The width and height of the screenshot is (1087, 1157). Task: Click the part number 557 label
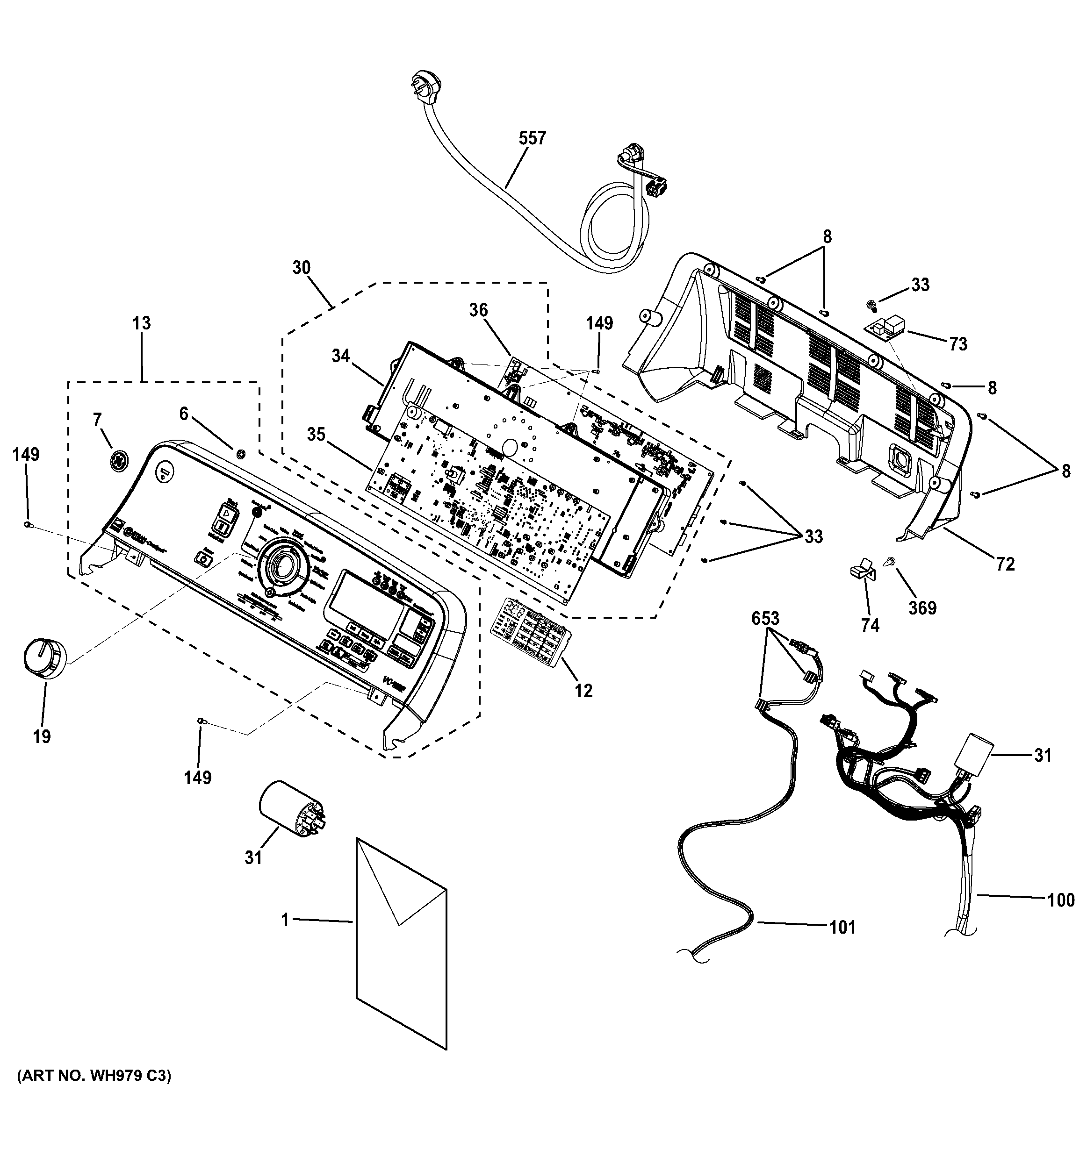[532, 138]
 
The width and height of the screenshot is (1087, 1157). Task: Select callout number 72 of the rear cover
[1005, 564]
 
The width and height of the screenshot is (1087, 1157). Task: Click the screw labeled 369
[890, 562]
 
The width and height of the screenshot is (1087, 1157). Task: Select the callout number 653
[765, 618]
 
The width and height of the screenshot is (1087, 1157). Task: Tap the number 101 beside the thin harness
[842, 927]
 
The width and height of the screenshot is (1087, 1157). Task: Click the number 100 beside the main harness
[1060, 900]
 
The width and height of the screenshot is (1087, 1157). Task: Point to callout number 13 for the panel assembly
[142, 323]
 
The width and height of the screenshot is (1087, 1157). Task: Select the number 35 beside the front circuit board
[316, 435]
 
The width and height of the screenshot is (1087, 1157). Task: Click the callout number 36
[478, 310]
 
